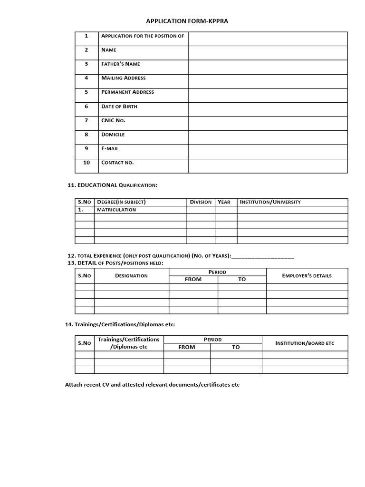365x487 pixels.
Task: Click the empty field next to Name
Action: [x=268, y=53]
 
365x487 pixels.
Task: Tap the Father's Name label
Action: [x=121, y=64]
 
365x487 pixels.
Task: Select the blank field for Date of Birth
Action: [x=268, y=109]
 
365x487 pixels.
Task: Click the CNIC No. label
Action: [x=113, y=120]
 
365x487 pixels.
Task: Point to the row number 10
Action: [x=86, y=163]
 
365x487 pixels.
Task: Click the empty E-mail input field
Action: [x=268, y=152]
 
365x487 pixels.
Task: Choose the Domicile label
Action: [x=113, y=135]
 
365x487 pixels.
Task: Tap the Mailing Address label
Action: [x=124, y=78]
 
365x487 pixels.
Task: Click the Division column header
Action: [x=201, y=202]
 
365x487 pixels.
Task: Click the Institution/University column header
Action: [x=270, y=202]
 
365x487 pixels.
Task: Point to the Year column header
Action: [x=224, y=202]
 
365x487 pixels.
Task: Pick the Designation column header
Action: [x=131, y=276]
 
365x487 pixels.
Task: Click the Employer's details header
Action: [x=307, y=276]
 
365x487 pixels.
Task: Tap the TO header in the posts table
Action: [x=242, y=280]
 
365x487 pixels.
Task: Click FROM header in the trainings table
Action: [x=187, y=347]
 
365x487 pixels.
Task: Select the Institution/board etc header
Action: [x=305, y=343]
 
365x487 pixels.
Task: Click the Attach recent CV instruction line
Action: [x=152, y=385]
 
